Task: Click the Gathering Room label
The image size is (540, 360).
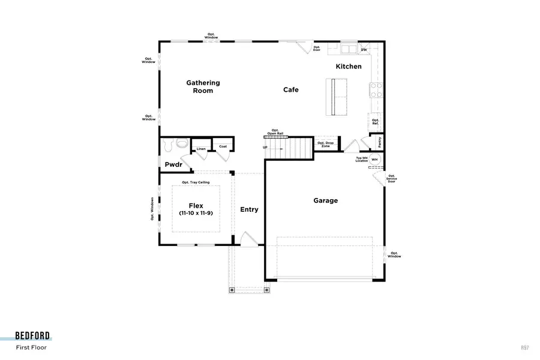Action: (x=203, y=87)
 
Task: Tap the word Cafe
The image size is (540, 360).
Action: (x=291, y=90)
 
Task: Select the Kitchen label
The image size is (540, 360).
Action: (x=349, y=67)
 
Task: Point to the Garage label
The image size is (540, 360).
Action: (x=326, y=201)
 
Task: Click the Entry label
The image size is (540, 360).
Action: (x=249, y=209)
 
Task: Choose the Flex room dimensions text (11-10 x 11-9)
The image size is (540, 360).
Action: (x=196, y=214)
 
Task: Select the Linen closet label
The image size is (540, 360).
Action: (x=200, y=149)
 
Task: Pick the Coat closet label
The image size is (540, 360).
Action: (x=223, y=146)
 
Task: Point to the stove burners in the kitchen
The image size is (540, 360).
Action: (x=376, y=90)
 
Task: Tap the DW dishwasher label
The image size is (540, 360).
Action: (x=364, y=50)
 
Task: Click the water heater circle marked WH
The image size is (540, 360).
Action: (x=374, y=159)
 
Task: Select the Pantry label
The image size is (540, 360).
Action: (x=379, y=142)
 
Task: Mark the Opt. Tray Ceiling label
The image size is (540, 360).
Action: (x=196, y=182)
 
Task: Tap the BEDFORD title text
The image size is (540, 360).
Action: (x=33, y=335)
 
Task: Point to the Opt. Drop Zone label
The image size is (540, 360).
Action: (x=326, y=144)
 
